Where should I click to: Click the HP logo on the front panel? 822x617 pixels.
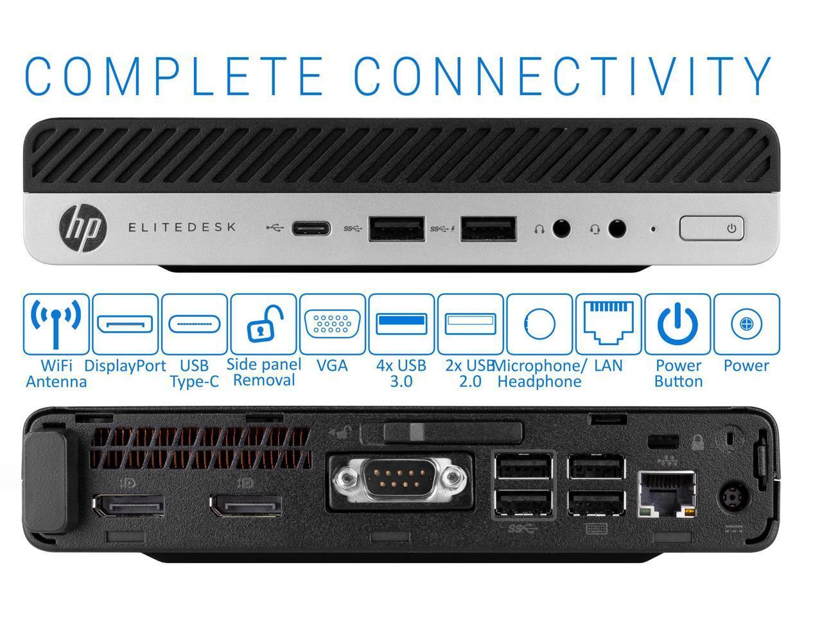click(x=83, y=228)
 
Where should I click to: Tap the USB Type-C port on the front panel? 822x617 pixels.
click(x=311, y=228)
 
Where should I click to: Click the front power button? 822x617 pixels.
click(x=711, y=228)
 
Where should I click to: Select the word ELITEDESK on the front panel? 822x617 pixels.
click(x=182, y=227)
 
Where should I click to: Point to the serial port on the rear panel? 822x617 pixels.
click(x=400, y=480)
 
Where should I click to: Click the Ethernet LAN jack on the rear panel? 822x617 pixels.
click(x=667, y=494)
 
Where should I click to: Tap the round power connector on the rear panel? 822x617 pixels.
click(x=733, y=498)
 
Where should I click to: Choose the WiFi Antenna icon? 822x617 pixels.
click(x=56, y=324)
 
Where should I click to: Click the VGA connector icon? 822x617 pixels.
click(x=332, y=324)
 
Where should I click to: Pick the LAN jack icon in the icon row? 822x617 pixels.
click(x=609, y=322)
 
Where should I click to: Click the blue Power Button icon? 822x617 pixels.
click(x=678, y=324)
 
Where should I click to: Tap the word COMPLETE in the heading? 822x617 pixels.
click(x=174, y=76)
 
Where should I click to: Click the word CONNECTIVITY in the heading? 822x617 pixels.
click(x=562, y=76)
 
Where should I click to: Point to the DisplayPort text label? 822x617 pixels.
click(x=125, y=366)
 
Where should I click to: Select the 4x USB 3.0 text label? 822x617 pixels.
click(x=401, y=373)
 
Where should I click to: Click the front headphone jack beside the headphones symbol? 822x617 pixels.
click(x=561, y=228)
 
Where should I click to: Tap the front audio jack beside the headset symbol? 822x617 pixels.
click(x=616, y=228)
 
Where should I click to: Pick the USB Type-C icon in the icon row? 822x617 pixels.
click(x=195, y=324)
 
